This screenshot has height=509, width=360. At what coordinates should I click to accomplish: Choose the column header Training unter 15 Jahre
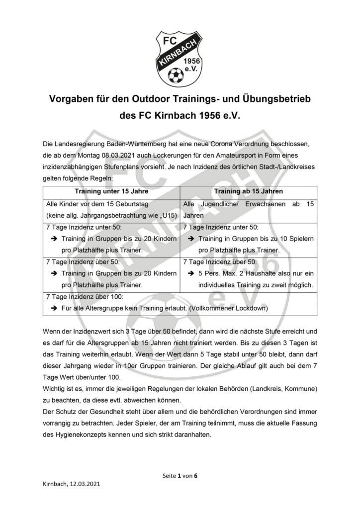(112, 191)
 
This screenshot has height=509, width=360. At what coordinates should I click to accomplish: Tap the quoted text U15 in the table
(167, 215)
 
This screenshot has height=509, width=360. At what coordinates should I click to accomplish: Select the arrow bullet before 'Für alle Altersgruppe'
(53, 308)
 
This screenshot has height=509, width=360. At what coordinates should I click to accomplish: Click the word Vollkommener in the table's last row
(219, 308)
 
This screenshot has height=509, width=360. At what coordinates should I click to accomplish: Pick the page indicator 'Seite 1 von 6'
(180, 475)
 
